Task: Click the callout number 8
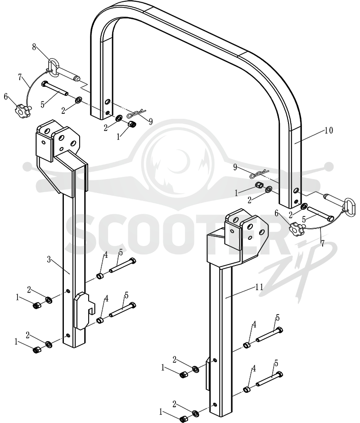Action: [x=34, y=47]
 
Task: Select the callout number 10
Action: [x=328, y=130]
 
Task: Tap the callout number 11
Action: [x=259, y=287]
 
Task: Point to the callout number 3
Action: [x=49, y=260]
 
